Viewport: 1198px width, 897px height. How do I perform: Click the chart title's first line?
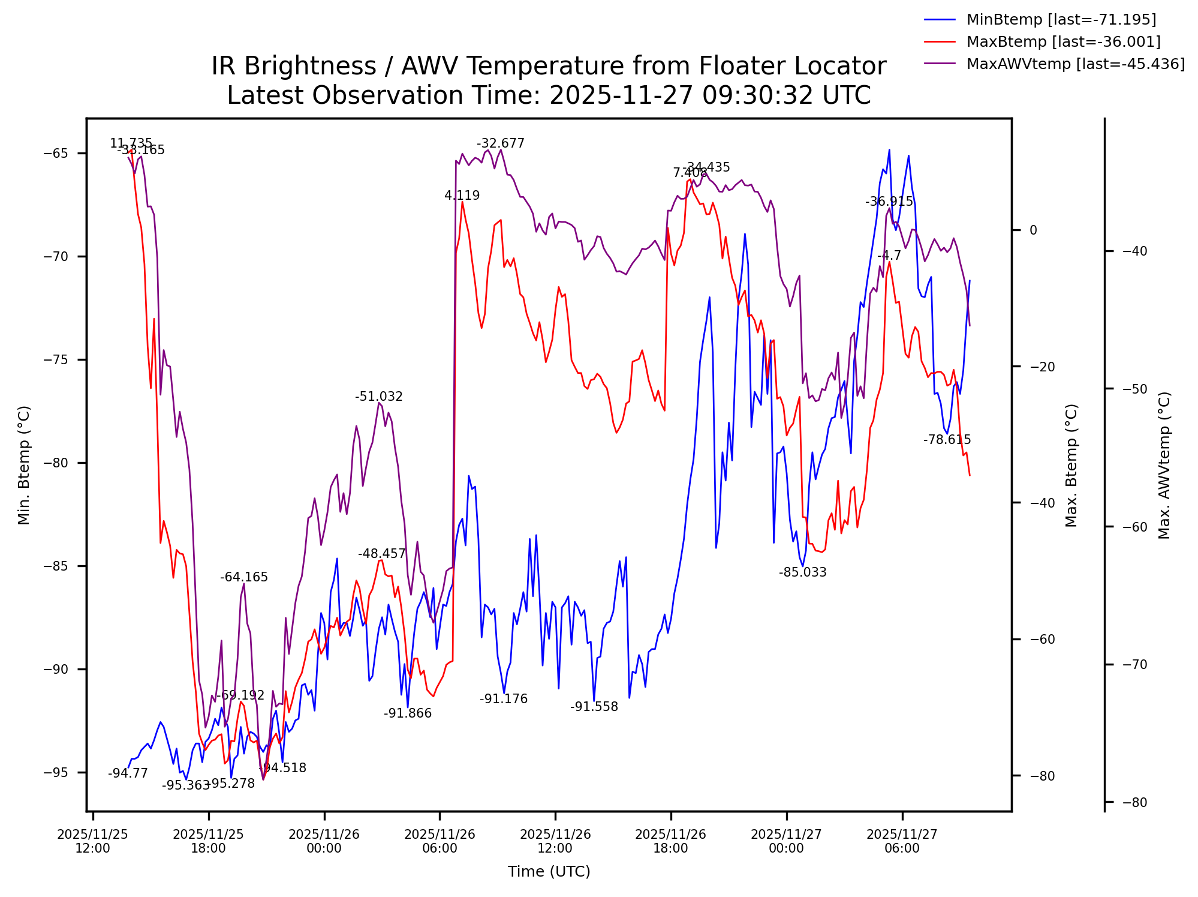point(549,66)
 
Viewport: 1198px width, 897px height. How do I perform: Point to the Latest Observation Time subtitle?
point(549,95)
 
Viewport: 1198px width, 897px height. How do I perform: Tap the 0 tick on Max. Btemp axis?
point(1033,230)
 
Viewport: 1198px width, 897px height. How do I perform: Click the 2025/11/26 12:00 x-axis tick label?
point(555,841)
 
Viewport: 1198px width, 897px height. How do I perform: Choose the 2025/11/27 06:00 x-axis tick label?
point(902,841)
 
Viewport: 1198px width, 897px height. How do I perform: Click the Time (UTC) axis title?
point(549,872)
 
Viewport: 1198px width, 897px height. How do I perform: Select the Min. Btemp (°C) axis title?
point(24,465)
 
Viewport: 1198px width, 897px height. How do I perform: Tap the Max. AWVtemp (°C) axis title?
point(1164,465)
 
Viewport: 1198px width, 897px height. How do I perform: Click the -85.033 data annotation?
point(802,572)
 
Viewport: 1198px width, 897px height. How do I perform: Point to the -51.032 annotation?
point(378,397)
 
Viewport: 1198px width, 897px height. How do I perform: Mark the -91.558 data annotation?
point(594,707)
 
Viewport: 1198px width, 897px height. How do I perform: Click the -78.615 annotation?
point(947,440)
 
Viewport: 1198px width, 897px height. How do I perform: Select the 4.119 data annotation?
point(462,196)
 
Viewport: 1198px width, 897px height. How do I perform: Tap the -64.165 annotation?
point(243,577)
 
